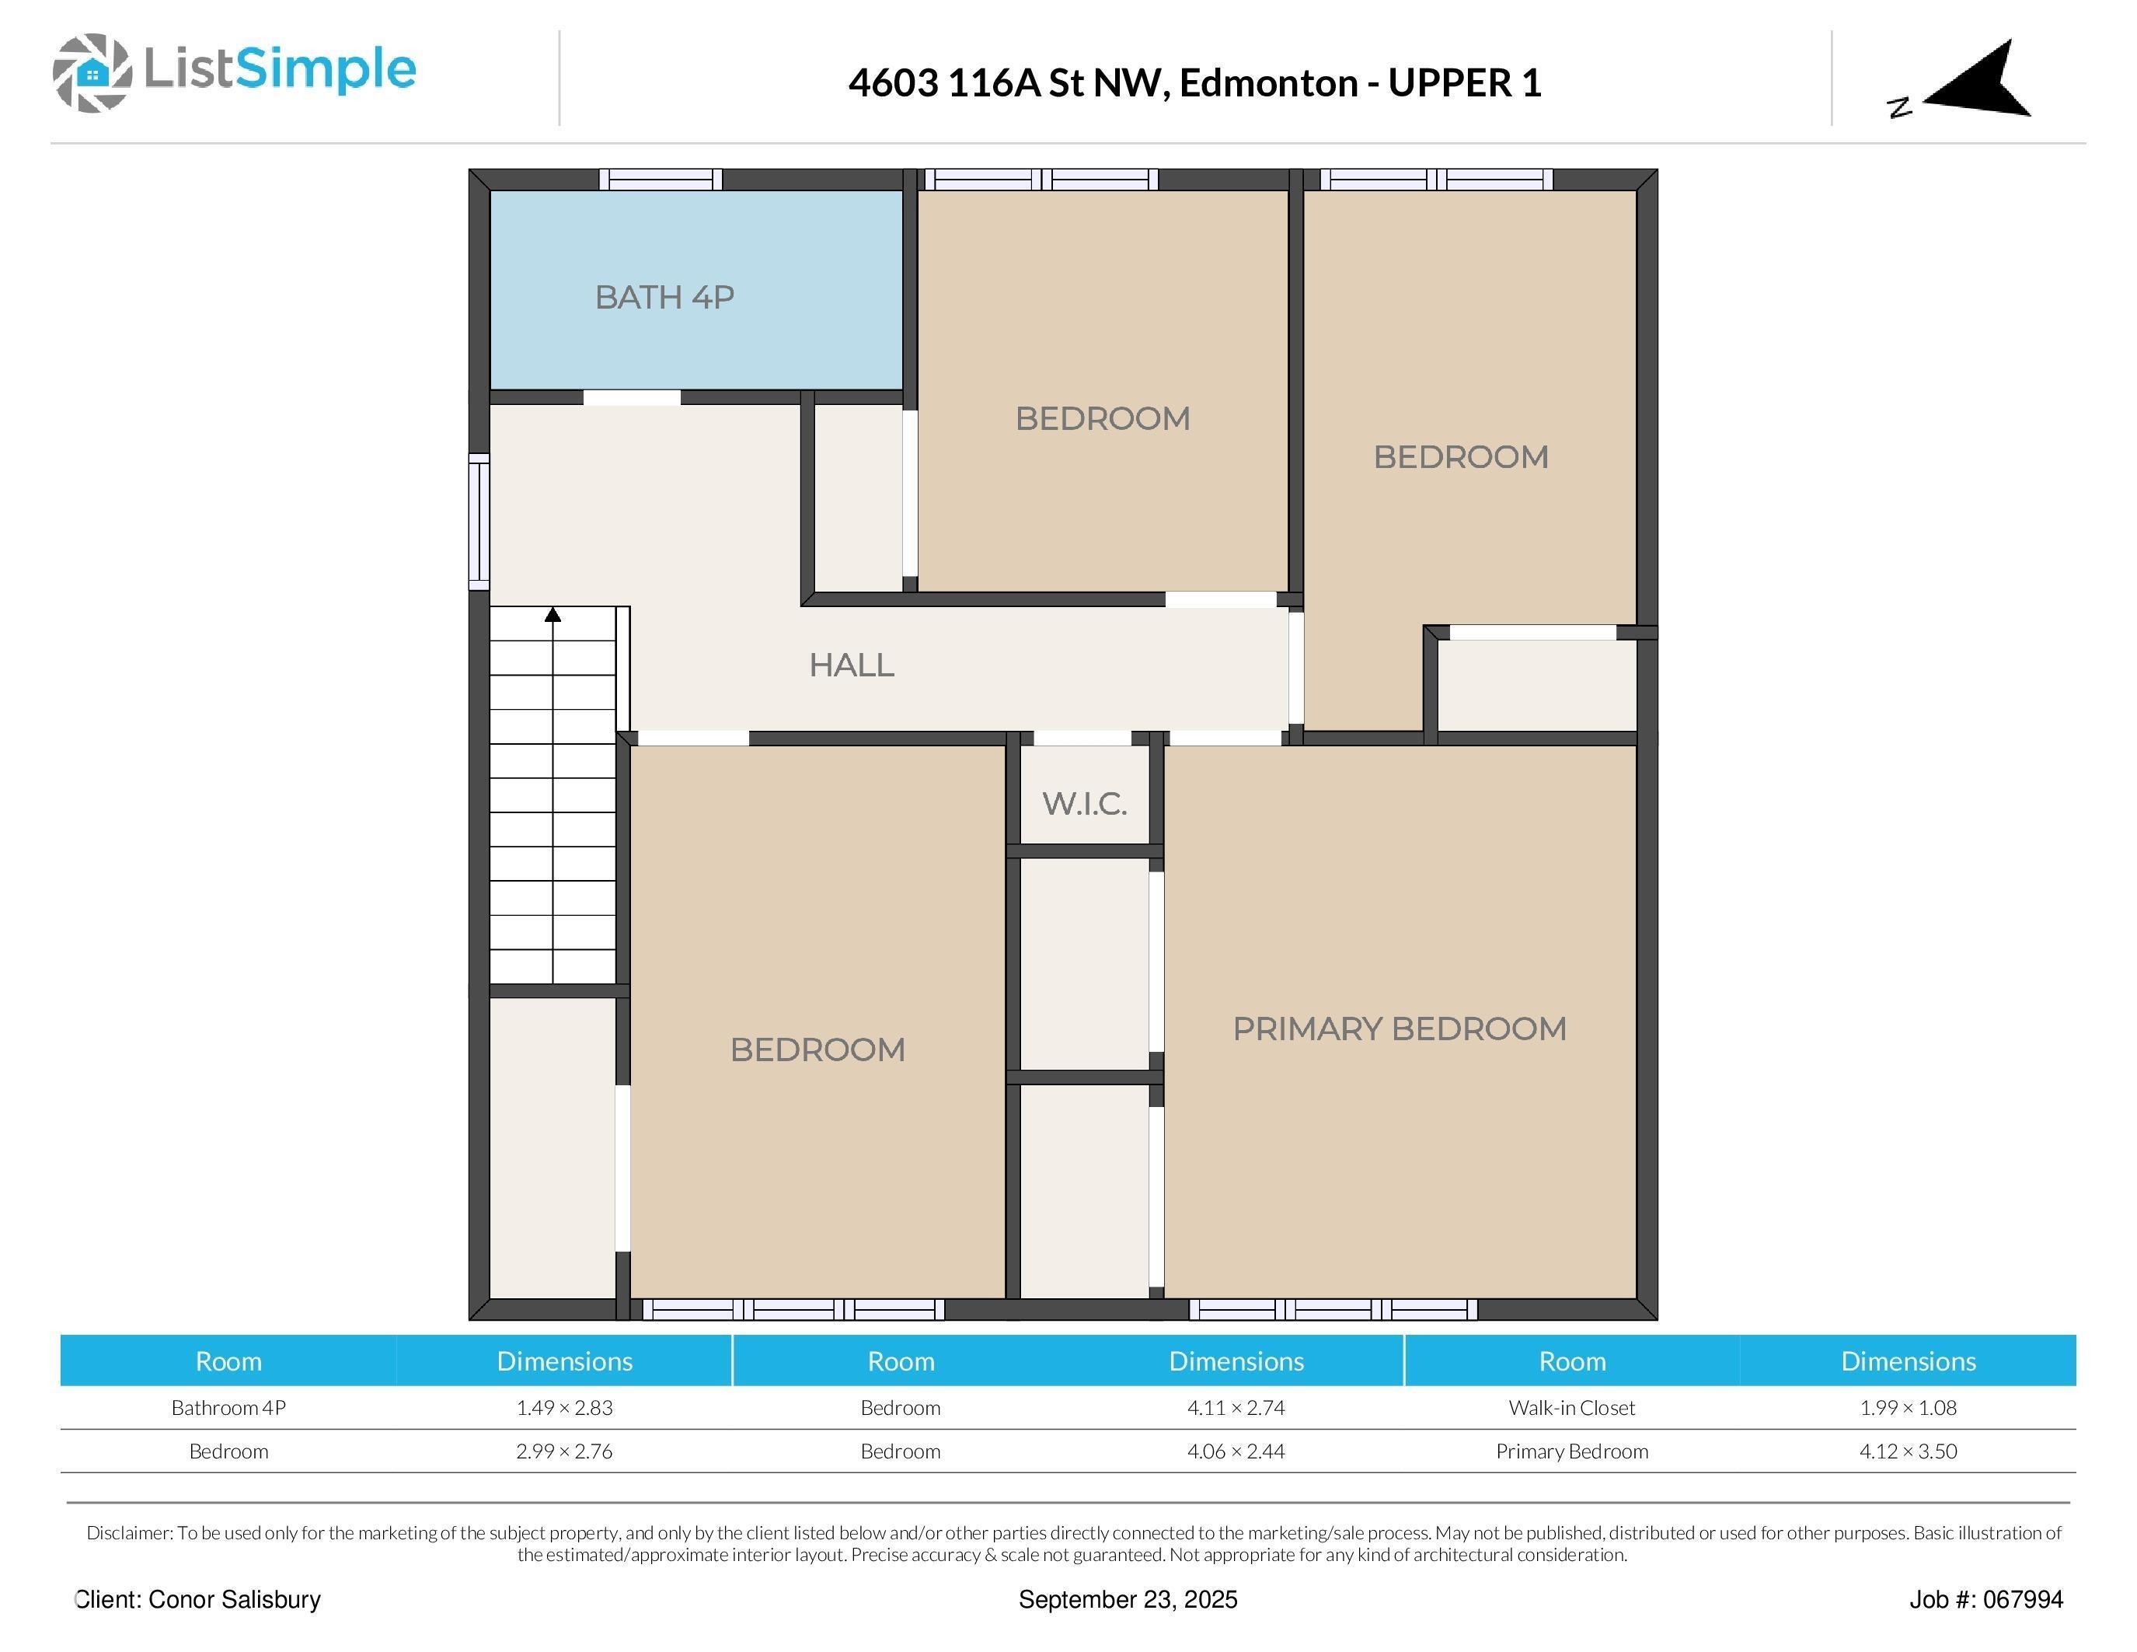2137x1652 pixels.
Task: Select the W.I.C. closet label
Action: (1084, 804)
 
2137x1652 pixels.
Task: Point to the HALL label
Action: (851, 665)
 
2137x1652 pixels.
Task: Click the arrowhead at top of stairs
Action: (553, 615)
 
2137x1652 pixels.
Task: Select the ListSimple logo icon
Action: (92, 72)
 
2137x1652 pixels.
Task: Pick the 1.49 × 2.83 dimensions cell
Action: (565, 1407)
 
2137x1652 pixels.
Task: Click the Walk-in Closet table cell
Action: (1571, 1407)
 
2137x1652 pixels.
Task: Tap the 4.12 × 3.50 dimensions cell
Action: (1907, 1451)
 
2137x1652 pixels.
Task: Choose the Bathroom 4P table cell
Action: (228, 1407)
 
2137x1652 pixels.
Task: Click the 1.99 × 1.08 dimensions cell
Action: (1907, 1407)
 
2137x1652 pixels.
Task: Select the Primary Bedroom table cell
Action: (1571, 1451)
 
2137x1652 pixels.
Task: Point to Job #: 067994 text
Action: (1985, 1599)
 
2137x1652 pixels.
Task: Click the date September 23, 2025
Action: (1128, 1599)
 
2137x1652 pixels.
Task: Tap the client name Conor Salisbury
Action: (234, 1599)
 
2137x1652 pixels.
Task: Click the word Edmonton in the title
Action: (1268, 83)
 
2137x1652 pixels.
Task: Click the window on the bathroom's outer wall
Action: (661, 179)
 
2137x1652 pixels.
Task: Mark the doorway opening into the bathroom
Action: (632, 397)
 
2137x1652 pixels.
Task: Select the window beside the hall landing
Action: (479, 522)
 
